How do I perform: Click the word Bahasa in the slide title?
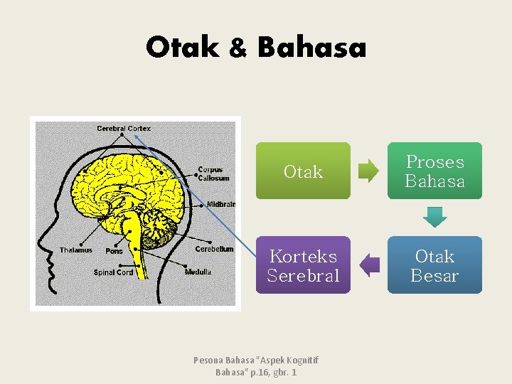point(311,48)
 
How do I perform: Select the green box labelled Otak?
point(303,171)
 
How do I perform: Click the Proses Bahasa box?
point(434,171)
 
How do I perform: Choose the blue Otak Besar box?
point(434,265)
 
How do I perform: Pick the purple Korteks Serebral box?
point(303,265)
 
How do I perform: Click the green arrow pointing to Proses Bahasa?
point(368,171)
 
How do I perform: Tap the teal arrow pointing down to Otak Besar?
point(434,217)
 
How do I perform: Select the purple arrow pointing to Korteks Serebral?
point(369,265)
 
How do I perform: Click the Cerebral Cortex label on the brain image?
point(124,128)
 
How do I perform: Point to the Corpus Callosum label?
point(210,174)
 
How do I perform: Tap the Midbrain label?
point(220,204)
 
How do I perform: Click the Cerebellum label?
point(214,249)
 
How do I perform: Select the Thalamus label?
point(75,250)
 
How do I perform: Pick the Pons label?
point(114,251)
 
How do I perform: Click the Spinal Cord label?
point(114,272)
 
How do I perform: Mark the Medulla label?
point(198,272)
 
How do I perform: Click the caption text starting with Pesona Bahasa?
point(256,366)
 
